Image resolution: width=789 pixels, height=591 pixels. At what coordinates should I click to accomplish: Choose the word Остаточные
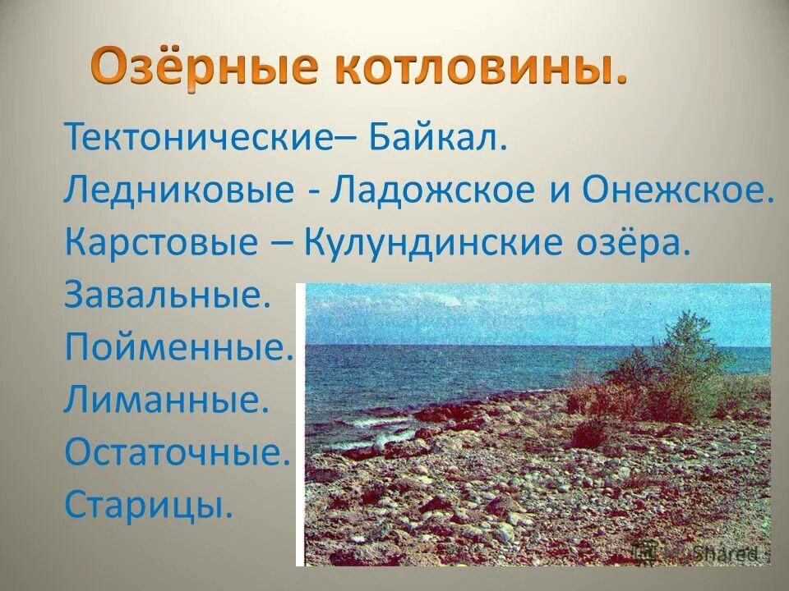pyautogui.click(x=178, y=454)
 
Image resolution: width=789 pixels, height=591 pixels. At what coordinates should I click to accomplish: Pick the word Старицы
pyautogui.click(x=149, y=506)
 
